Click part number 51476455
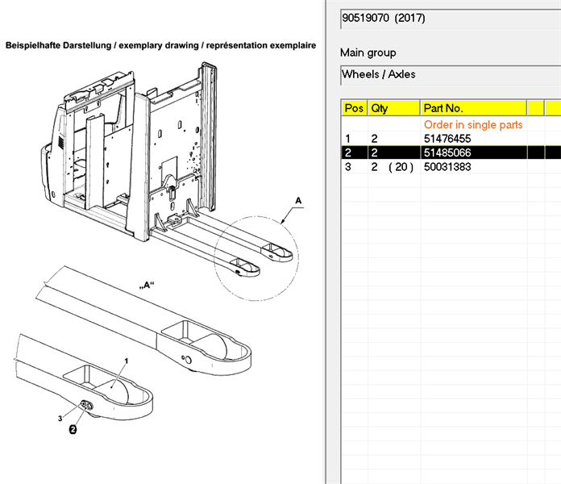click(447, 139)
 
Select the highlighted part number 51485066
click(447, 152)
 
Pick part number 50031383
click(447, 166)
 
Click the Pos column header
click(354, 108)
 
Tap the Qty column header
click(380, 108)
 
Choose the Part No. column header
click(443, 108)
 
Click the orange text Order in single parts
click(473, 125)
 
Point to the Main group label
click(368, 52)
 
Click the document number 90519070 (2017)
click(384, 18)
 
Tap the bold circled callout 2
click(73, 430)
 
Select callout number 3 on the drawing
click(60, 418)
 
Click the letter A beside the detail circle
click(298, 199)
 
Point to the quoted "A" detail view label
click(147, 284)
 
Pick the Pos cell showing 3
click(347, 166)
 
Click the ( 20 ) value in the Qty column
click(401, 166)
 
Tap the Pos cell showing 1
click(347, 139)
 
